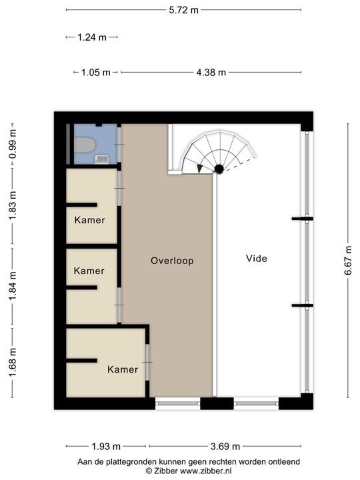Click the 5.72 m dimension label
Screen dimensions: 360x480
click(184, 10)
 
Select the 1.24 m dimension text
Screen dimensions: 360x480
click(92, 37)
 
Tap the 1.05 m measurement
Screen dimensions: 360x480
click(95, 73)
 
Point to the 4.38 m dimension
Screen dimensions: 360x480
click(211, 73)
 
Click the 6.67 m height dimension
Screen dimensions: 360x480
click(349, 261)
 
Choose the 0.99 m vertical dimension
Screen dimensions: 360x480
click(13, 144)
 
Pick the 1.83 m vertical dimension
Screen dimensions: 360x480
click(13, 205)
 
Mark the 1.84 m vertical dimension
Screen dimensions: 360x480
click(13, 286)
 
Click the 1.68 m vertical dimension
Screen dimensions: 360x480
click(13, 363)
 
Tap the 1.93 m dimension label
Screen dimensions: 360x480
click(106, 446)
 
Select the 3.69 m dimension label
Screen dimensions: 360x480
click(225, 446)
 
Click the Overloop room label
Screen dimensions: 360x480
click(172, 261)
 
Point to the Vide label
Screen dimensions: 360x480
click(257, 259)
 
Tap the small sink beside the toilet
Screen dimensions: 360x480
click(101, 159)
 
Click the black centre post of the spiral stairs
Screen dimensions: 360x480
click(219, 169)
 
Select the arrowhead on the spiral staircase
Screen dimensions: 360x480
click(200, 169)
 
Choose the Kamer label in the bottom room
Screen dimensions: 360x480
click(123, 369)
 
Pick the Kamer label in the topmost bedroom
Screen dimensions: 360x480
click(90, 220)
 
